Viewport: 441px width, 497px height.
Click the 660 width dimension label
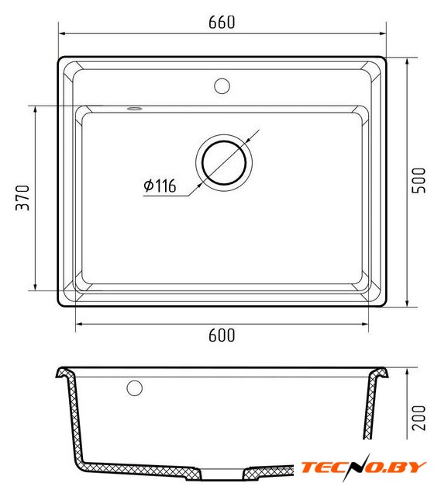[222, 23]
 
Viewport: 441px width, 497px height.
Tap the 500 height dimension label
[419, 180]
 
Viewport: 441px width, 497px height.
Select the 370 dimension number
[22, 198]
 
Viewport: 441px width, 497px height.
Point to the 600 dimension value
[222, 335]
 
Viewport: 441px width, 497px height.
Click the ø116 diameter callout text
[160, 186]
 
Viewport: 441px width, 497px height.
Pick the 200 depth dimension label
[419, 418]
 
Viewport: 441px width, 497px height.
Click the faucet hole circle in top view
[222, 86]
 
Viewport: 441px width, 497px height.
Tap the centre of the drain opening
[224, 162]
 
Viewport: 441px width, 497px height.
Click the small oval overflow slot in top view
[134, 109]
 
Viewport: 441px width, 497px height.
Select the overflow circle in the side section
[134, 388]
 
